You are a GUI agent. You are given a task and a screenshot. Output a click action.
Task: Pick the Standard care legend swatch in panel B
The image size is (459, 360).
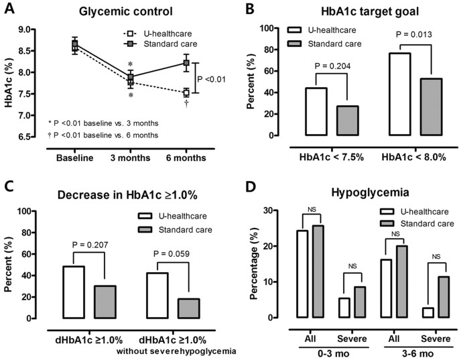296,43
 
